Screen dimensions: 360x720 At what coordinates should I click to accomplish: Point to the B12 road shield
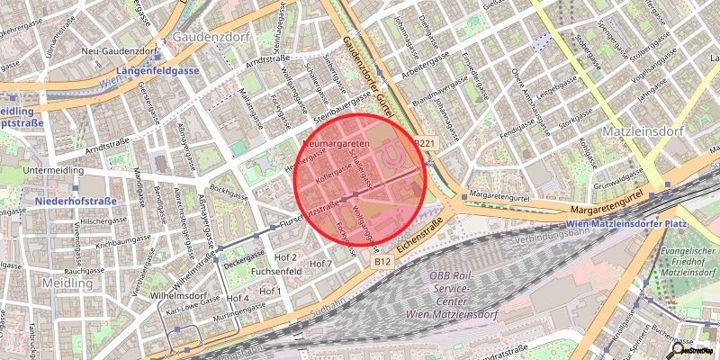(382, 261)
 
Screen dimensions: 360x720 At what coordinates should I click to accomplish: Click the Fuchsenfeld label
(275, 270)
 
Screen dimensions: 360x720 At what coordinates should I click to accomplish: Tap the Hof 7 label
(321, 264)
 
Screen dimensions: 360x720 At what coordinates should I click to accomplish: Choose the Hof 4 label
(238, 298)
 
